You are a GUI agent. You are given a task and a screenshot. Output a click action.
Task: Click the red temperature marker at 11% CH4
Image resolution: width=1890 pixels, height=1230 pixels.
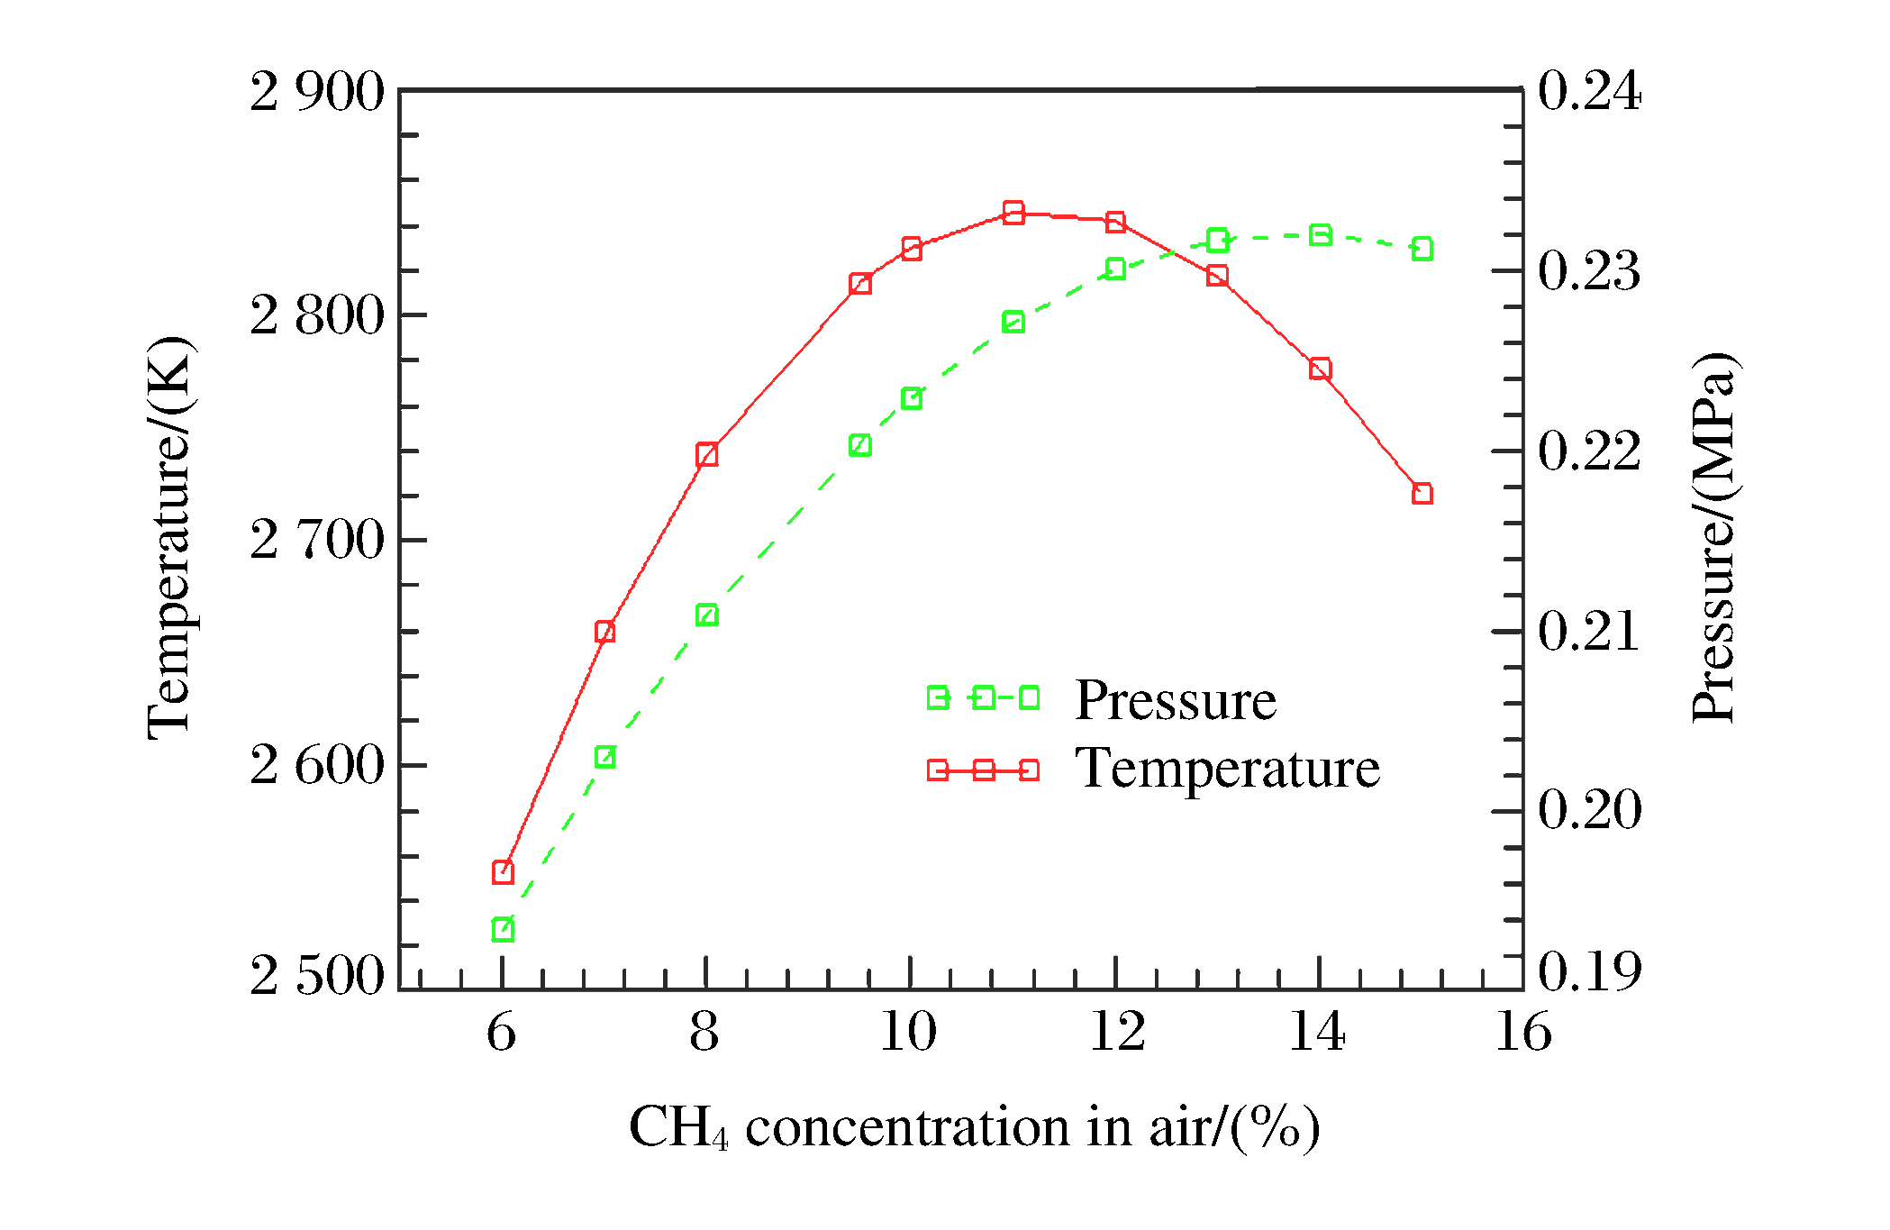click(x=1013, y=213)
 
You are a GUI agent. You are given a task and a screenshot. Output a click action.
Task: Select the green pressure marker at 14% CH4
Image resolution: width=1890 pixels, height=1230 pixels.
click(x=1320, y=235)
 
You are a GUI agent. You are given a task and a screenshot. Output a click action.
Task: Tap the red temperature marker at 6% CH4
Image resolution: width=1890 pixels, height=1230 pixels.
click(x=503, y=872)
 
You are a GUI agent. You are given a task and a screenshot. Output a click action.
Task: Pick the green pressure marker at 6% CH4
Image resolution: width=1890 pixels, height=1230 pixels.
click(x=503, y=930)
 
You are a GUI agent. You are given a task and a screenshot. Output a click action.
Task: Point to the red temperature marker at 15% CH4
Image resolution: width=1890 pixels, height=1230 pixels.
click(x=1422, y=494)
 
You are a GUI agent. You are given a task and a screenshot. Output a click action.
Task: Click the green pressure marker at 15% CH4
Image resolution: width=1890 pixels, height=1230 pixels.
click(x=1422, y=249)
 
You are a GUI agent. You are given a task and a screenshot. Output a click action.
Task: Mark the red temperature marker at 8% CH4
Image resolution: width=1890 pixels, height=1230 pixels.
click(x=707, y=454)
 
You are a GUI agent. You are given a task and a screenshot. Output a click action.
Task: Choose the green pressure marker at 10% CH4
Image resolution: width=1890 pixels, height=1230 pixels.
click(x=912, y=398)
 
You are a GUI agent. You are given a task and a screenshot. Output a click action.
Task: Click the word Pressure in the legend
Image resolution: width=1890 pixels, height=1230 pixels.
click(x=1175, y=700)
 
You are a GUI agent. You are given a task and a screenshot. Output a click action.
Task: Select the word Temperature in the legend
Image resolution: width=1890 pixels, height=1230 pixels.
click(x=1227, y=769)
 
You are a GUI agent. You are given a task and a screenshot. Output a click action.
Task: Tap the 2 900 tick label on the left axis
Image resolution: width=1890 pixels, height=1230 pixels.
click(x=317, y=92)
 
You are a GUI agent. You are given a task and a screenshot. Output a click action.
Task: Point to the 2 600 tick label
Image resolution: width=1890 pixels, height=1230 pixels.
click(x=317, y=766)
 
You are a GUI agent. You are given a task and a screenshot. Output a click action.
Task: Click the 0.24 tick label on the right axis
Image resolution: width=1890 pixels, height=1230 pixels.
click(x=1589, y=91)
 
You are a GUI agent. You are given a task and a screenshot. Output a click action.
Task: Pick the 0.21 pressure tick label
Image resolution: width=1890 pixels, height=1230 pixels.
click(x=1589, y=631)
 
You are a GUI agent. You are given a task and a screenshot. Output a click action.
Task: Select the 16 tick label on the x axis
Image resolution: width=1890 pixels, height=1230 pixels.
click(x=1523, y=1032)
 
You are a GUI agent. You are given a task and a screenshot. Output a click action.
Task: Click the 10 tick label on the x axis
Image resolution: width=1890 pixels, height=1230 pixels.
click(x=908, y=1032)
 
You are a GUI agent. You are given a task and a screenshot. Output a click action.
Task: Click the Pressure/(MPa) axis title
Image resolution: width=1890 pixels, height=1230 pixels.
click(x=1713, y=538)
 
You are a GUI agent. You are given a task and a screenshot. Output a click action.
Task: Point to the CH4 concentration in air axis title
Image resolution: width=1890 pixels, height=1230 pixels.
click(x=974, y=1128)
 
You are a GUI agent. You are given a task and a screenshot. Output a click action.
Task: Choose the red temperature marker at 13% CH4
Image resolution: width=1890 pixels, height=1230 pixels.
click(x=1217, y=276)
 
